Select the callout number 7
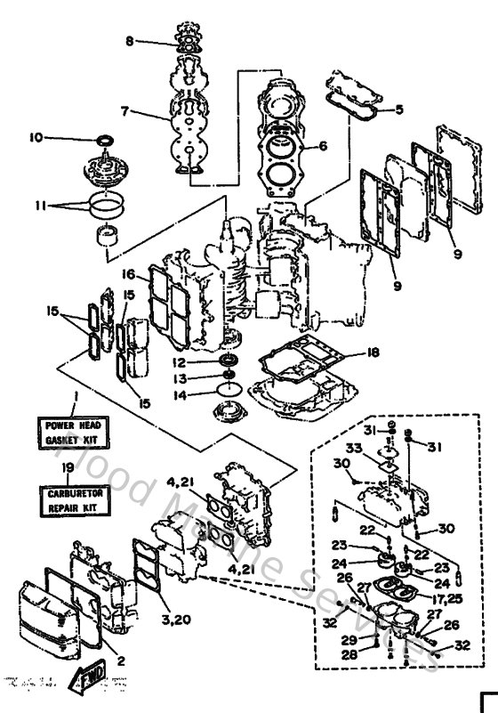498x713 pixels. point(125,112)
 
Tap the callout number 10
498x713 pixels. point(36,137)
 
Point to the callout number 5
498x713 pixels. point(399,109)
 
